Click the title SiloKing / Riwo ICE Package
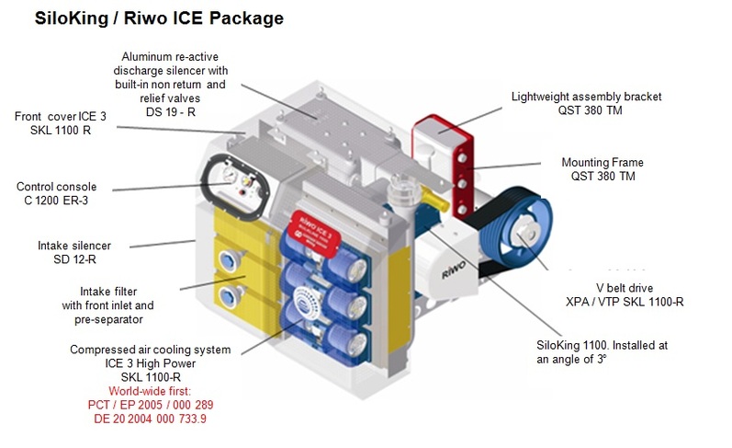pos(158,17)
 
